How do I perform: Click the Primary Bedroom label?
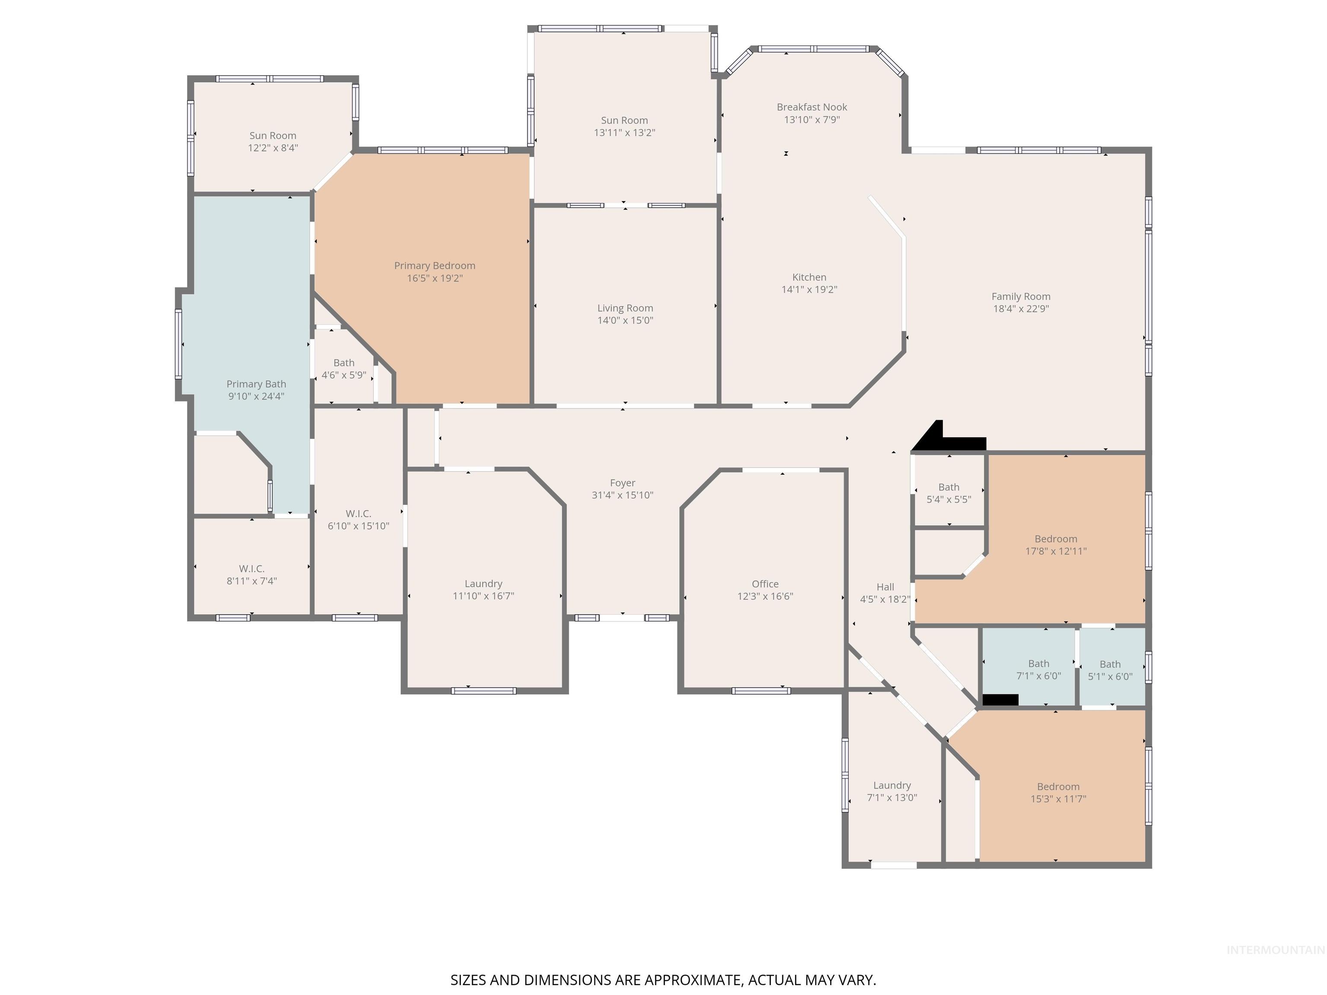click(434, 266)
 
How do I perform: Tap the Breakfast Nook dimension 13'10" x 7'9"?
click(811, 119)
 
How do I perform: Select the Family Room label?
click(1020, 296)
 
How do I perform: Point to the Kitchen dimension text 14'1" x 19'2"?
click(809, 289)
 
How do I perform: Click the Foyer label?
click(622, 483)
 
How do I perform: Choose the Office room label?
click(765, 583)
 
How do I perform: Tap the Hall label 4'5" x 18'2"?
click(885, 593)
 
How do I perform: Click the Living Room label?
click(625, 308)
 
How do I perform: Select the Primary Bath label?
click(256, 384)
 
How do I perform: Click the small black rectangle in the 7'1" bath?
click(1000, 699)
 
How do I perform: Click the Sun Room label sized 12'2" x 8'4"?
click(273, 136)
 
